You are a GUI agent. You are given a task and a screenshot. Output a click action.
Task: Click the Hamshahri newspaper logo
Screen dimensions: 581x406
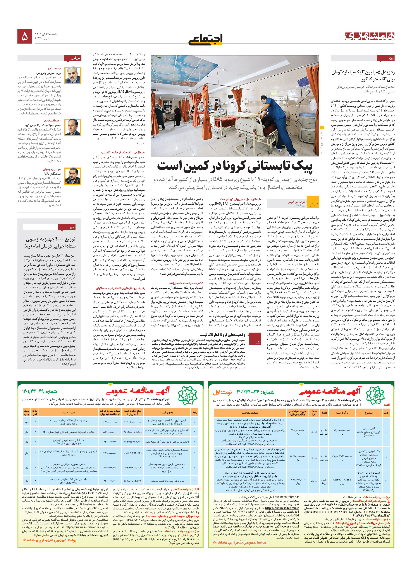tap(370, 36)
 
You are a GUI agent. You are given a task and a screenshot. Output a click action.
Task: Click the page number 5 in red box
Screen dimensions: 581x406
tap(25, 36)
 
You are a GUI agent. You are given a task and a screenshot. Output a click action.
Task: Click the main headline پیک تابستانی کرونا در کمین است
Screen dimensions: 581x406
tap(235, 166)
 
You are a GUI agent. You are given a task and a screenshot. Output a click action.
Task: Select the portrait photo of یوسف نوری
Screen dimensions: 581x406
tap(73, 75)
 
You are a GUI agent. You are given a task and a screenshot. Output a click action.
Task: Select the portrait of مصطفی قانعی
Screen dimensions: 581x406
tap(73, 127)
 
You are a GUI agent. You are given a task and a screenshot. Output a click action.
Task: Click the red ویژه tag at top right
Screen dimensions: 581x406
tap(386, 58)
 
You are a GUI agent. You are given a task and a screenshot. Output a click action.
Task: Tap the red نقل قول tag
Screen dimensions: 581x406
tap(76, 58)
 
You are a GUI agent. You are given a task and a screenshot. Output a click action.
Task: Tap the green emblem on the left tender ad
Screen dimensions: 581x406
tap(187, 394)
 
